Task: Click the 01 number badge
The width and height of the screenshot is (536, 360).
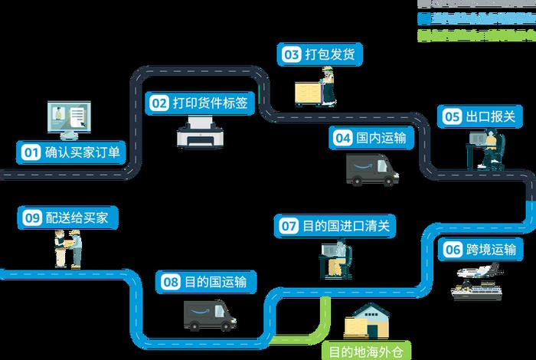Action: [29, 152]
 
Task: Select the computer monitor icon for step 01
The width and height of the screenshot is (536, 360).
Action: [69, 119]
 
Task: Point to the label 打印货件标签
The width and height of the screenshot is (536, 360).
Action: [209, 102]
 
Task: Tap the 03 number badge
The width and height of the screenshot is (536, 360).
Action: [292, 54]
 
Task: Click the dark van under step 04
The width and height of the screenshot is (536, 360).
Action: [372, 170]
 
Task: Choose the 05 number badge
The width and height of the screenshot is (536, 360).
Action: [452, 116]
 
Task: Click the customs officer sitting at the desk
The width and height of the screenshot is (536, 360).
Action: [491, 147]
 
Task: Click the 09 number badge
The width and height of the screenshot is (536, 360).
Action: [31, 218]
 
